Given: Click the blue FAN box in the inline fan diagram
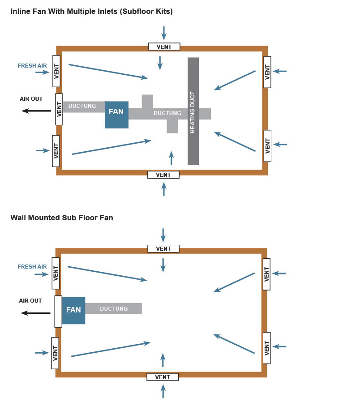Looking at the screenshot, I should coord(116,115).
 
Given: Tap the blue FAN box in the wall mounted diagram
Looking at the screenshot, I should coord(73,310).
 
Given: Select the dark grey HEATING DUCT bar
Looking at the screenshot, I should coord(193,111).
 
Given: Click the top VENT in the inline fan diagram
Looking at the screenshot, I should coord(164,47).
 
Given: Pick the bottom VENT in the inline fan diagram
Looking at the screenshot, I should coord(163,175).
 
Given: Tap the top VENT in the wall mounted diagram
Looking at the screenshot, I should coord(163,249).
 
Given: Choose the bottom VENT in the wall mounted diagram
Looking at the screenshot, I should coord(163,377).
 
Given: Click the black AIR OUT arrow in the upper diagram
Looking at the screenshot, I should coord(37,111).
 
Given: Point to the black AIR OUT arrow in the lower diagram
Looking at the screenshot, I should coord(36,313).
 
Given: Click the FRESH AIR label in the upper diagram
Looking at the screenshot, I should coord(32,66).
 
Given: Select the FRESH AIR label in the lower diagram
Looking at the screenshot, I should coord(32,267).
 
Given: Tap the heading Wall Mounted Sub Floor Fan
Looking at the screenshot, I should coord(62,218).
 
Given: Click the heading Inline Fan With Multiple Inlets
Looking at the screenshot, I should coord(92,12).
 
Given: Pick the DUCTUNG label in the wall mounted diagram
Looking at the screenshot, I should coord(114,308).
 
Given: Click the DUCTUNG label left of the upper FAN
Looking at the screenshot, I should coord(82,106).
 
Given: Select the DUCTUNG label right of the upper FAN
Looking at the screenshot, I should coord(167,113).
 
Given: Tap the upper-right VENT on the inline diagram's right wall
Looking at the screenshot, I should coord(267,72).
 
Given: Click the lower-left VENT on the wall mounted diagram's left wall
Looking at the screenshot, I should coord(56,353).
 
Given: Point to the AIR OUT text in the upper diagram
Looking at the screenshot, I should coord(31,98).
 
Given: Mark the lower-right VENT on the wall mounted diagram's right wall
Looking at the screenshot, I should coord(267,348).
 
